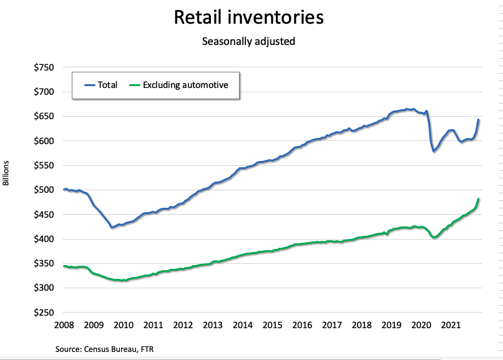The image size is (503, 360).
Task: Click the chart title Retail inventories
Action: click(248, 17)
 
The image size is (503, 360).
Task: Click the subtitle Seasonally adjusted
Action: click(248, 42)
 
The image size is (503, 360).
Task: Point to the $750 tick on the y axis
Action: click(44, 67)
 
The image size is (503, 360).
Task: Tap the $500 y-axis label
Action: click(44, 190)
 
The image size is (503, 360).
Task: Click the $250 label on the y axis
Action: click(44, 312)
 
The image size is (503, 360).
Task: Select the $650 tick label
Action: click(44, 116)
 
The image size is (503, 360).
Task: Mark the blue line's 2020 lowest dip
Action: click(434, 151)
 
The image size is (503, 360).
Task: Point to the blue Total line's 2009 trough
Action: click(112, 227)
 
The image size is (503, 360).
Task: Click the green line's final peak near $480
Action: click(478, 200)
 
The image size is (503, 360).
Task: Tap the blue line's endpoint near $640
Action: click(478, 120)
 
